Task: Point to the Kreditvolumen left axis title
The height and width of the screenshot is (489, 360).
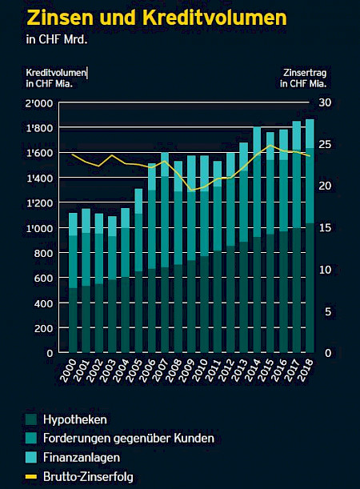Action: pos(56,78)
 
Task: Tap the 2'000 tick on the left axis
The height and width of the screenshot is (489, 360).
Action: pos(39,103)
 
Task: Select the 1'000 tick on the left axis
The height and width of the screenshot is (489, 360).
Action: pos(39,228)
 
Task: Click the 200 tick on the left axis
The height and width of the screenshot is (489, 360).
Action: pos(43,327)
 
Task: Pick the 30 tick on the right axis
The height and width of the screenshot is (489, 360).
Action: pos(324,103)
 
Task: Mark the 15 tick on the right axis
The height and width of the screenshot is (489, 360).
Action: pos(324,228)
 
